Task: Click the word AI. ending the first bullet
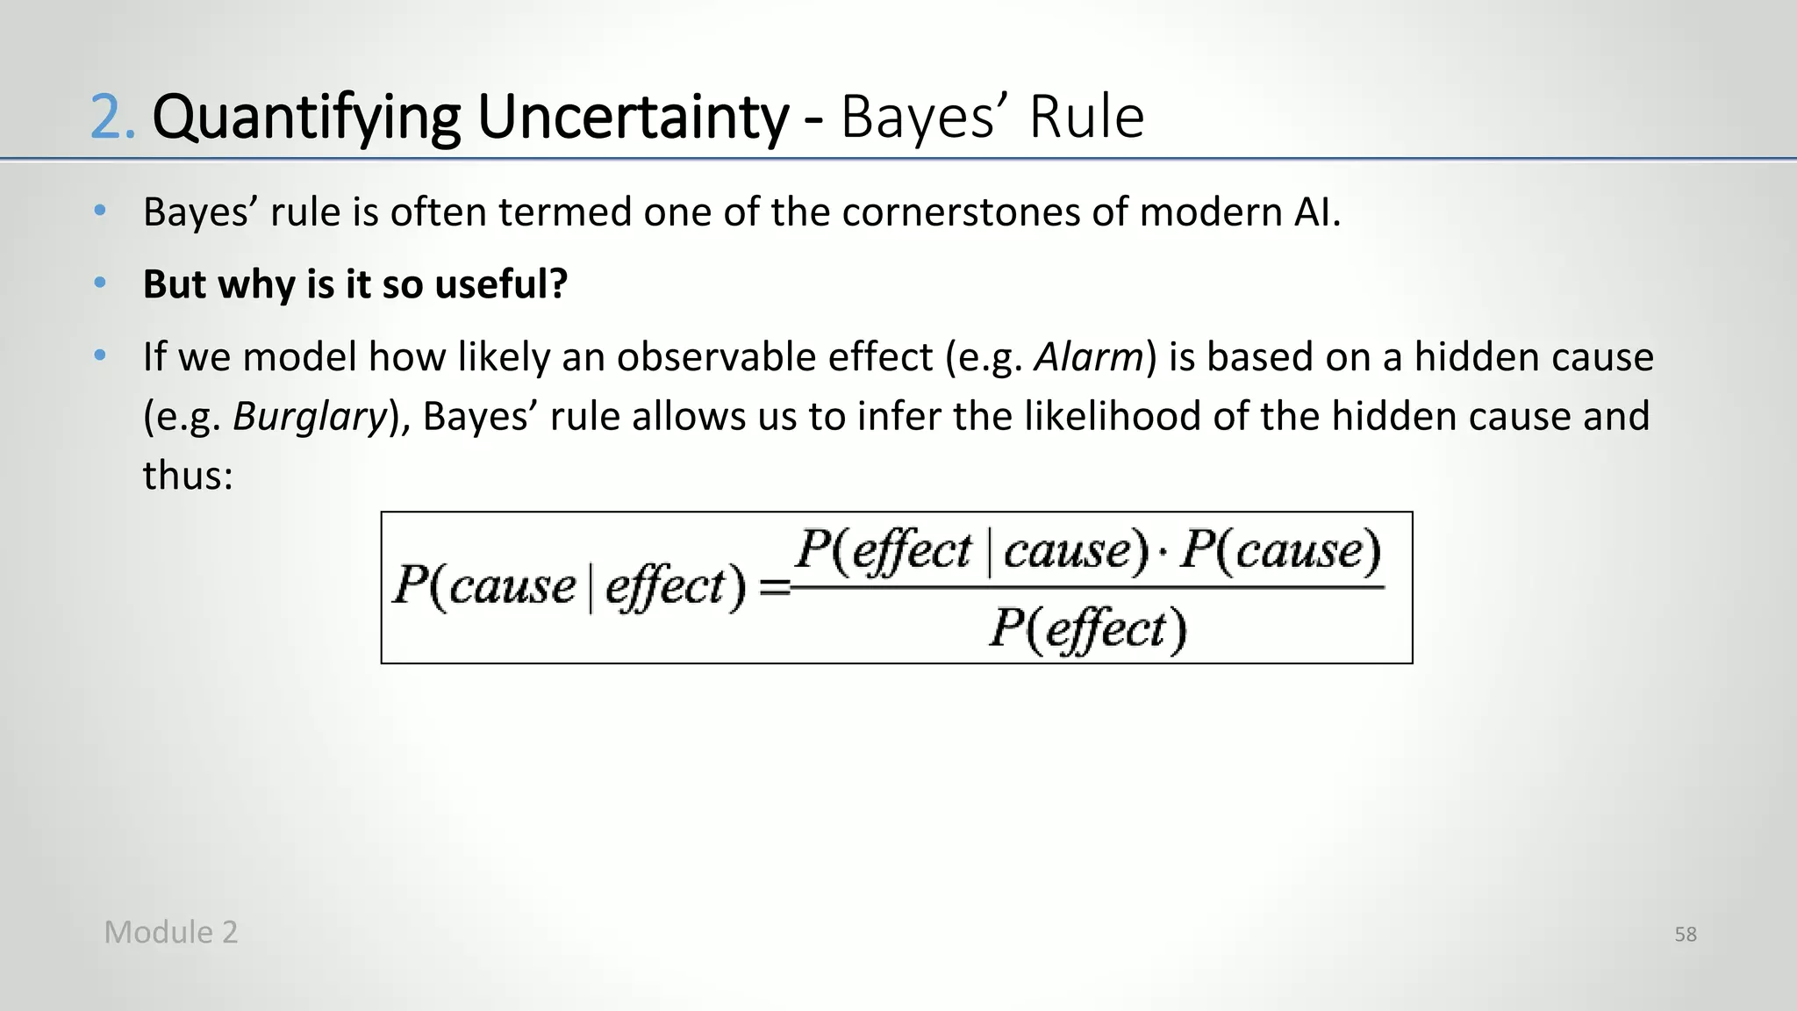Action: pos(1316,212)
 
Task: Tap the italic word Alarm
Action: pos(1088,357)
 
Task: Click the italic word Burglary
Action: pos(310,416)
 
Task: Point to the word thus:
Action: pos(188,476)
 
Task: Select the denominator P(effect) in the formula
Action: pos(1088,628)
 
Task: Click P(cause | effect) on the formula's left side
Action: pos(569,585)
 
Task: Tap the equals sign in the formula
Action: pos(774,586)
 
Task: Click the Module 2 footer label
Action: pos(171,932)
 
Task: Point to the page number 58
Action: pos(1686,935)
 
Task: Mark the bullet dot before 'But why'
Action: pos(100,283)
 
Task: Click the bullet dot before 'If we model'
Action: pos(100,355)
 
